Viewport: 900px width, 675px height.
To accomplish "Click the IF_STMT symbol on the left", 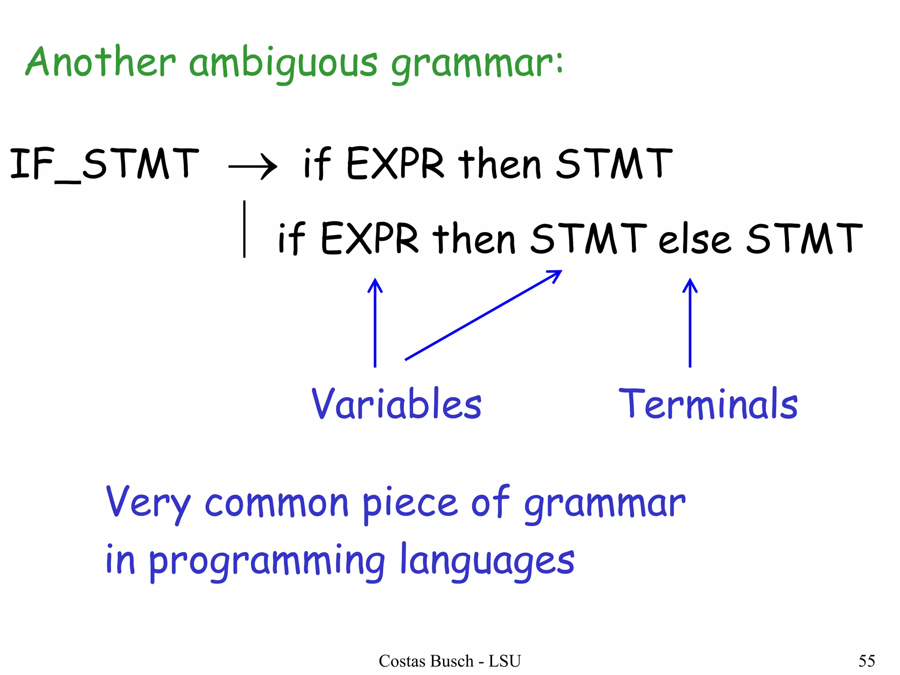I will click(x=105, y=163).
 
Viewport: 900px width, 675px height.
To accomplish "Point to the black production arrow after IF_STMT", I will click(x=253, y=167).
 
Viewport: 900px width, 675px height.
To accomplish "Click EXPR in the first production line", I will click(x=395, y=163).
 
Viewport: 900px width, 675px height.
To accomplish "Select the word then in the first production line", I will click(x=499, y=163).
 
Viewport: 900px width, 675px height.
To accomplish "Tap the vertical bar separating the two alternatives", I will click(x=244, y=229).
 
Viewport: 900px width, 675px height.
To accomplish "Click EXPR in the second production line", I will click(x=370, y=238).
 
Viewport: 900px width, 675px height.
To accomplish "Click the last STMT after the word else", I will click(x=804, y=238).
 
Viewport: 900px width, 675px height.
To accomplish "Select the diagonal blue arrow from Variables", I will click(x=483, y=315).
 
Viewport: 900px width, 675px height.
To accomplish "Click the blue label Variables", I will click(x=396, y=404).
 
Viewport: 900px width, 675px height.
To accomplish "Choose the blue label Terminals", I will click(x=708, y=404).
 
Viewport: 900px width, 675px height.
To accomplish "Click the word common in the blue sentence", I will click(x=277, y=503).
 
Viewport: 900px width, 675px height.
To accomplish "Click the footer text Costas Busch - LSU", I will click(x=450, y=661).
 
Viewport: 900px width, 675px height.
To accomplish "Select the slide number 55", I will click(x=867, y=661).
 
